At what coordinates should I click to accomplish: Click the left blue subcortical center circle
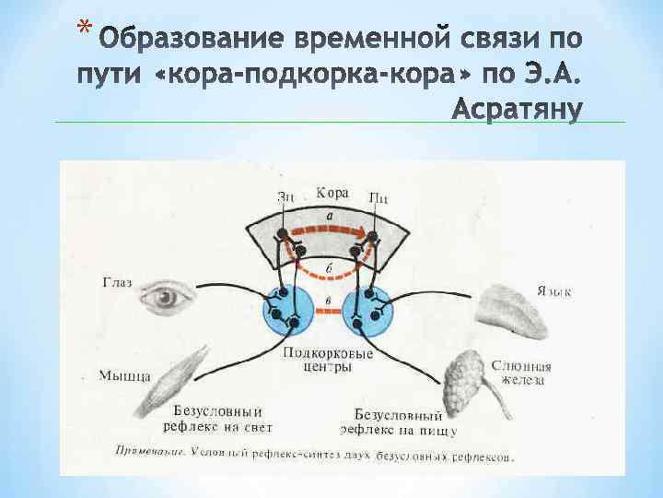pyautogui.click(x=287, y=311)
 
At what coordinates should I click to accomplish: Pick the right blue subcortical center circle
pyautogui.click(x=367, y=311)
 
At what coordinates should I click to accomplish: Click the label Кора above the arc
pyautogui.click(x=331, y=194)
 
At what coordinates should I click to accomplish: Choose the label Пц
pyautogui.click(x=378, y=196)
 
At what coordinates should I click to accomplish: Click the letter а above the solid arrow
pyautogui.click(x=329, y=214)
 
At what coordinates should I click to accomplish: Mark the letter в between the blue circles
pyautogui.click(x=329, y=302)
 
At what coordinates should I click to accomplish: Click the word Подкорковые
pyautogui.click(x=328, y=353)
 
